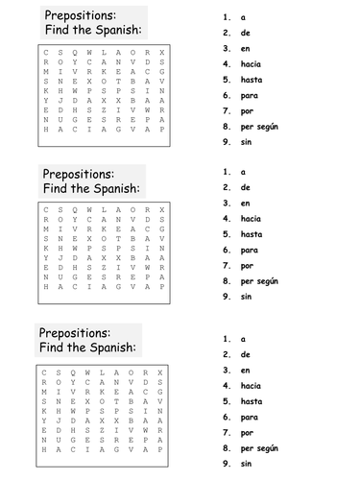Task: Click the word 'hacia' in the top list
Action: (x=252, y=63)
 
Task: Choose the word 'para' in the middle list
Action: (x=250, y=249)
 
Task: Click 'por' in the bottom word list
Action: (x=247, y=432)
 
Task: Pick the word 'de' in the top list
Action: (x=246, y=33)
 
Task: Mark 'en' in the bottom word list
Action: (x=246, y=370)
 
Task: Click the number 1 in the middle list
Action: (x=226, y=171)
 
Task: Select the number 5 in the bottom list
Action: (x=226, y=401)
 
